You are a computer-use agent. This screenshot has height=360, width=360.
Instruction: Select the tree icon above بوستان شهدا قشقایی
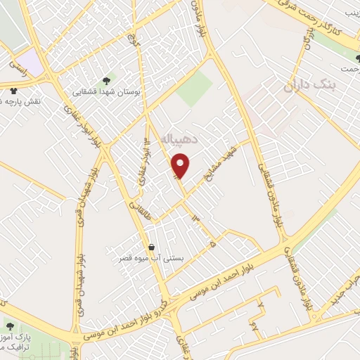pyautogui.click(x=106, y=80)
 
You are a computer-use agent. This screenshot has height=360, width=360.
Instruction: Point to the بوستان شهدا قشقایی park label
pyautogui.click(x=107, y=91)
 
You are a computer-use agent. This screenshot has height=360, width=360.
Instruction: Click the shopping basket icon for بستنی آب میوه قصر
pyautogui.click(x=152, y=247)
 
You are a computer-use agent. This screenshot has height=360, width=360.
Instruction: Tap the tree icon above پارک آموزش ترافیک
pyautogui.click(x=9, y=326)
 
